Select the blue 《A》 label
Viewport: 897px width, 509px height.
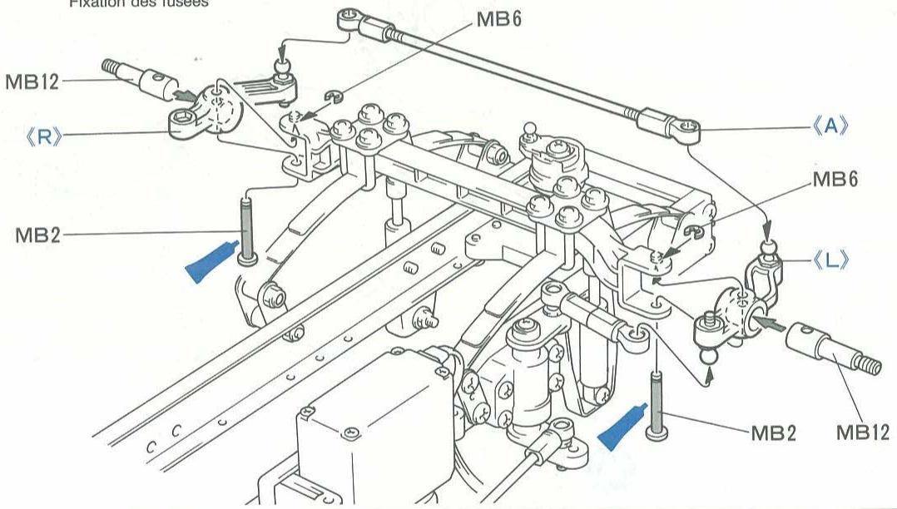(829, 127)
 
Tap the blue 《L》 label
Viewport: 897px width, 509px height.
(829, 260)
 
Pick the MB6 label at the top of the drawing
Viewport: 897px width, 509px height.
(499, 19)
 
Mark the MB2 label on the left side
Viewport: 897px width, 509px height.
(37, 235)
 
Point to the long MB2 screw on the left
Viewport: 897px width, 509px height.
(246, 228)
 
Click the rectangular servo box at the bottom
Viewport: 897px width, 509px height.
(366, 432)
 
